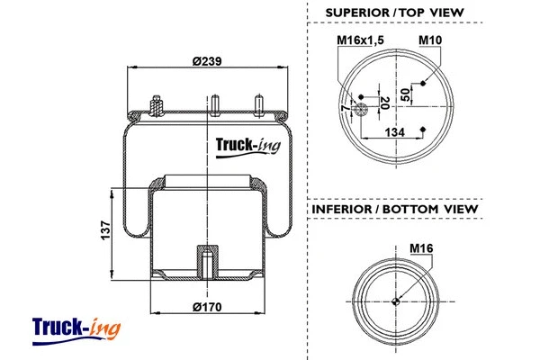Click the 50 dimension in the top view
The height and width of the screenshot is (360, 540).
[x=405, y=94]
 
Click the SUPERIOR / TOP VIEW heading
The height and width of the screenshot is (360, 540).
[x=394, y=12]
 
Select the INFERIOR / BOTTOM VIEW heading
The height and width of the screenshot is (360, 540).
[x=394, y=210]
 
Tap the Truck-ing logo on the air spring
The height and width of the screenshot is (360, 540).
[x=249, y=145]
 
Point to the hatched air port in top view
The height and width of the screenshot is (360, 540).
[x=359, y=111]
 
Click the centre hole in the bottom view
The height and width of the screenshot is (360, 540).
[x=396, y=301]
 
